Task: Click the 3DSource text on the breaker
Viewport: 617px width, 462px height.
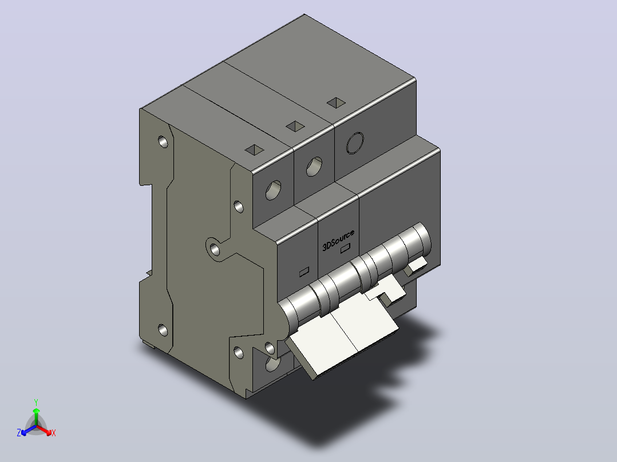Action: pos(338,240)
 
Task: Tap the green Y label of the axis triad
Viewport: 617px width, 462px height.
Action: pos(36,402)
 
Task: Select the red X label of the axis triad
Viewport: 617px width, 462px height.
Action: pos(54,433)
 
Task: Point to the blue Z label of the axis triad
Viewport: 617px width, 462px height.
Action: pos(19,433)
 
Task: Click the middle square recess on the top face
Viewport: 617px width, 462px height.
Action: pos(295,126)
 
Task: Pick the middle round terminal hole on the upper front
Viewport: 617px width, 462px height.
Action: pos(314,166)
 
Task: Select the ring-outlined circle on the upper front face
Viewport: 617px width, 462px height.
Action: pos(355,143)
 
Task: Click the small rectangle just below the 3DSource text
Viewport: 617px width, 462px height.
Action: pos(345,248)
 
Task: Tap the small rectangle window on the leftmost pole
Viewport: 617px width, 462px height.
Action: pos(304,271)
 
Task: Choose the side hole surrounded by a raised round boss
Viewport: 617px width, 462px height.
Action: pos(215,249)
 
